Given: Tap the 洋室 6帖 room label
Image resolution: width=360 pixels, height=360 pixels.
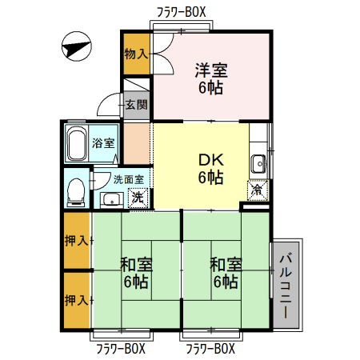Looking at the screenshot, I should tap(211, 78).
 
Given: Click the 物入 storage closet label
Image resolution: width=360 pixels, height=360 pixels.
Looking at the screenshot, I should tap(136, 54).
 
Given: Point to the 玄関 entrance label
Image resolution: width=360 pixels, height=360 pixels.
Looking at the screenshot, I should tap(136, 104).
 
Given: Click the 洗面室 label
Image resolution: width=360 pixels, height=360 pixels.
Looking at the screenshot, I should tap(128, 180).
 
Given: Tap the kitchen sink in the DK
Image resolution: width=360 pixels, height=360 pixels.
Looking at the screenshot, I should tap(258, 165).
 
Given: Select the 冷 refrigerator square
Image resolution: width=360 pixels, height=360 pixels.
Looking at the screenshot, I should tap(257, 191).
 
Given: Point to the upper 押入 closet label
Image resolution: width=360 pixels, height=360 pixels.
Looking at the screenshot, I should tap(76, 240).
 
